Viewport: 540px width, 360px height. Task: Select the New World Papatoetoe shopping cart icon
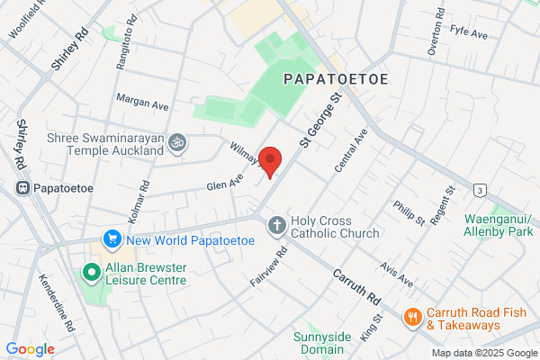112,239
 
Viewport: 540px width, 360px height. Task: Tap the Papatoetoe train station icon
21,189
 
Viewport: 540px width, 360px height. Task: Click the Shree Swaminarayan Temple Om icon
177,141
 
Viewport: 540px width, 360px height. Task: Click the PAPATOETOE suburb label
336,79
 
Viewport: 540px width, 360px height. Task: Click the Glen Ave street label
224,183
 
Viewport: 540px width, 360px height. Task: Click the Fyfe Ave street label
468,33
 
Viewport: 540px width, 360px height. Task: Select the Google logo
30,349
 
